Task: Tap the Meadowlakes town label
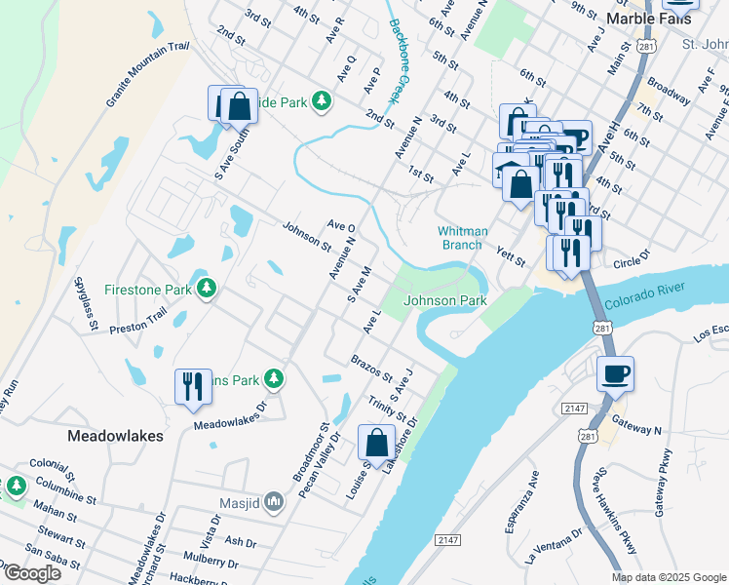pyautogui.click(x=114, y=436)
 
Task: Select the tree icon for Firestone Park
pyautogui.click(x=206, y=288)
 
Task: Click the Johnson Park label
pyautogui.click(x=445, y=301)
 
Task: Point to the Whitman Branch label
pyautogui.click(x=461, y=238)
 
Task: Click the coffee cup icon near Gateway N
pyautogui.click(x=615, y=373)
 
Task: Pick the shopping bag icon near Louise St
pyautogui.click(x=376, y=443)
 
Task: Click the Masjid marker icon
pyautogui.click(x=274, y=503)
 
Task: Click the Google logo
pyautogui.click(x=31, y=572)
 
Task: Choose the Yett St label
pyautogui.click(x=511, y=256)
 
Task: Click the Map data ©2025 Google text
pyautogui.click(x=668, y=577)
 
